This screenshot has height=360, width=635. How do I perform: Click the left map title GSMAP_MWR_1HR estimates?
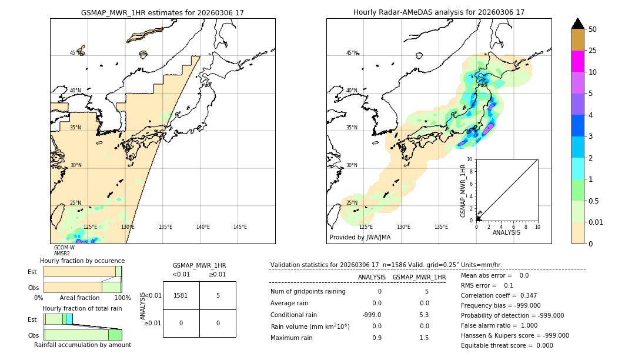tap(162, 12)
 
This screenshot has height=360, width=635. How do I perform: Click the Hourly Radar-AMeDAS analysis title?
tap(439, 12)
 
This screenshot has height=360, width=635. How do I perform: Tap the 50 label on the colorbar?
tap(593, 29)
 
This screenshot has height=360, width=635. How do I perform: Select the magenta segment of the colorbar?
tap(578, 61)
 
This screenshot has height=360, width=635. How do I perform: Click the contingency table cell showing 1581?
tap(181, 295)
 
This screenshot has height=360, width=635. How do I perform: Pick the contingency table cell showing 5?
tap(218, 295)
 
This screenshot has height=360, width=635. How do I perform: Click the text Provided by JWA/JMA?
tap(360, 238)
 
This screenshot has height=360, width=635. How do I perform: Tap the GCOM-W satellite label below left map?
tap(64, 248)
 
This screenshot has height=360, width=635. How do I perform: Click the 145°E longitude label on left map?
tap(240, 227)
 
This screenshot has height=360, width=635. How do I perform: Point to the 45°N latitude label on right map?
tap(352, 54)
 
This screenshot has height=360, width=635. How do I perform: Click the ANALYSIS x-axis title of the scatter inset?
tap(506, 232)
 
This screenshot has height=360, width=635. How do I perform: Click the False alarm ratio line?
tap(507, 325)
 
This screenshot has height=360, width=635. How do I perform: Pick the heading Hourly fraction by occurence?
tap(82, 261)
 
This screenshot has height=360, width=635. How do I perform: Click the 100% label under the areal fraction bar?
tap(122, 298)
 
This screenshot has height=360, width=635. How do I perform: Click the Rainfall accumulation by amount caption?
tap(82, 345)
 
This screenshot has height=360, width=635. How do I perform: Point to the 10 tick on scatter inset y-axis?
tap(470, 159)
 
